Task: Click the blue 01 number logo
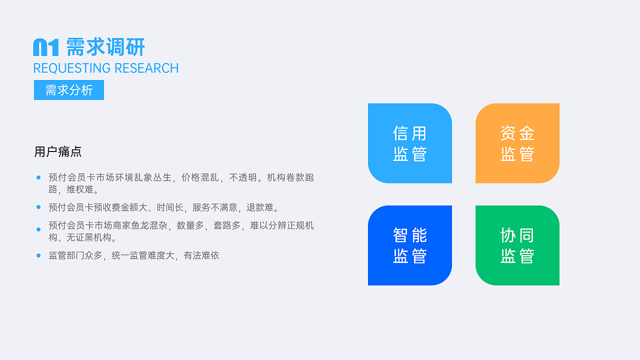[46, 47]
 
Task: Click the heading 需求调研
[105, 47]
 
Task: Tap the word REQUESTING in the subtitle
[72, 68]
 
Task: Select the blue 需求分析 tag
[69, 90]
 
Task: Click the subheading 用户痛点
[58, 151]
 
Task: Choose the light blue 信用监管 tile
[410, 143]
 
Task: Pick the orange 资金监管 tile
[517, 143]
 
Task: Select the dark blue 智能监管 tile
[410, 245]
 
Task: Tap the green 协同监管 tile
[517, 245]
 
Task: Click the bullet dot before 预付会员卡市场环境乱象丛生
[38, 177]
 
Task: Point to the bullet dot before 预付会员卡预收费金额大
[38, 207]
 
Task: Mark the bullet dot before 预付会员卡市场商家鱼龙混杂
[38, 229]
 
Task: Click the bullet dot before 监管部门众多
[38, 255]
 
